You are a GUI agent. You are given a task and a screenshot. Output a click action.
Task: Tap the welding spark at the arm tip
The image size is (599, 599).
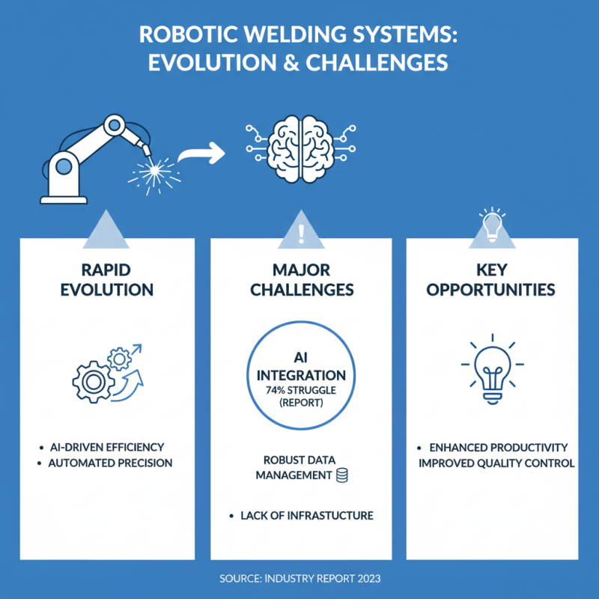[x=156, y=171]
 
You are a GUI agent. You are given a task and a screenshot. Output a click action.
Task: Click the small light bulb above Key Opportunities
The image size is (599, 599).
[x=493, y=223]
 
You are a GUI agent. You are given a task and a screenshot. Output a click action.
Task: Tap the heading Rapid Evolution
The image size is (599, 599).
[x=105, y=279]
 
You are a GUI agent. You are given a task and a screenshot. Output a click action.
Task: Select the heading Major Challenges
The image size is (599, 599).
[x=300, y=279]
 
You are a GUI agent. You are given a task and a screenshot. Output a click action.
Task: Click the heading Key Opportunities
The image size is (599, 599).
[x=493, y=279]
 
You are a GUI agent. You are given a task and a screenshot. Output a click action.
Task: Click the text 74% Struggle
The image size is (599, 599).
[x=300, y=390]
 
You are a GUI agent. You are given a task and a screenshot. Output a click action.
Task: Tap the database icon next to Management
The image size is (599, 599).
[x=343, y=475]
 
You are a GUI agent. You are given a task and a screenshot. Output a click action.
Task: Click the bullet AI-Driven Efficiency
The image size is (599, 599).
[x=105, y=446]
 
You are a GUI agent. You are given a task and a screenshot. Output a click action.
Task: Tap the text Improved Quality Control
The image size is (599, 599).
[x=496, y=463]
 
